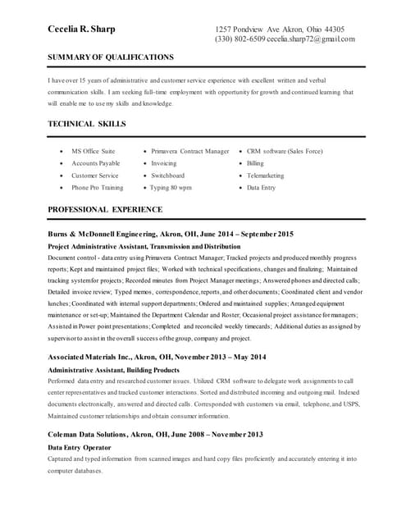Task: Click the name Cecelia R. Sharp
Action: pyautogui.click(x=81, y=30)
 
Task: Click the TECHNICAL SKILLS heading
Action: pyautogui.click(x=87, y=124)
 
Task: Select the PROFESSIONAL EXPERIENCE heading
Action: pyautogui.click(x=105, y=210)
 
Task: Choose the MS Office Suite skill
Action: pyautogui.click(x=93, y=152)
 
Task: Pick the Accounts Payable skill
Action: pyautogui.click(x=95, y=163)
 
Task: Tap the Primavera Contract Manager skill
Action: pyautogui.click(x=190, y=152)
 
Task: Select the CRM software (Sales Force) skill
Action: pyautogui.click(x=285, y=152)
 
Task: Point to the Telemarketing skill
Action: pyautogui.click(x=265, y=176)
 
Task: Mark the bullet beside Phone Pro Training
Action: pyautogui.click(x=62, y=188)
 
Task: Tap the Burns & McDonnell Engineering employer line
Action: pyautogui.click(x=171, y=235)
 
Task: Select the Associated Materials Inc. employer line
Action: pyautogui.click(x=157, y=357)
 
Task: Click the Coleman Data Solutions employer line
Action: pyautogui.click(x=155, y=434)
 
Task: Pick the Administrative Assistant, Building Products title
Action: pyautogui.click(x=114, y=370)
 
